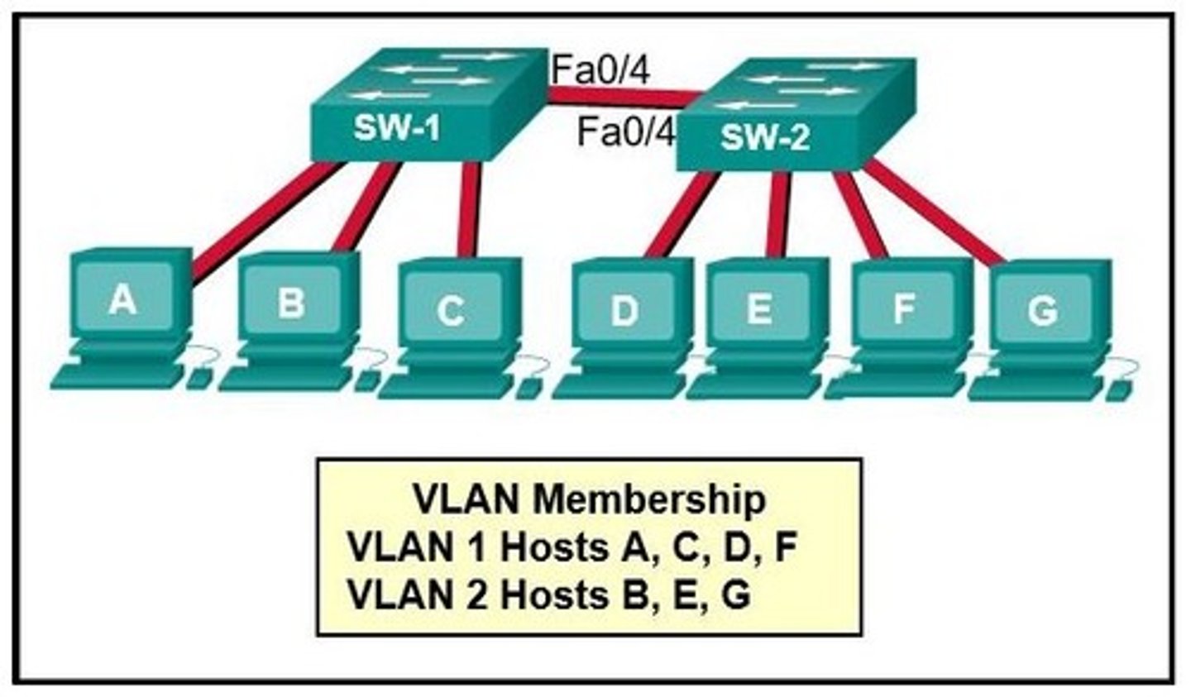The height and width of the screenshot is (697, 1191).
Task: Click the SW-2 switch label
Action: [764, 137]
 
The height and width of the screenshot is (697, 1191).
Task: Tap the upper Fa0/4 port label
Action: [600, 69]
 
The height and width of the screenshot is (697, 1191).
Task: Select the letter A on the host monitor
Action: [122, 298]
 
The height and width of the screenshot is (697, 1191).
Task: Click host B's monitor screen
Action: [291, 302]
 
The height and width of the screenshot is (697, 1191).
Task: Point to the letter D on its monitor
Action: [624, 311]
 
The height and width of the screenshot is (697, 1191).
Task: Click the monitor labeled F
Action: [903, 308]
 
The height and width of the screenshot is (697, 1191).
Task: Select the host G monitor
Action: [1042, 310]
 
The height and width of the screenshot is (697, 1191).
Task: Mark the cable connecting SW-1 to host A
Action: [265, 219]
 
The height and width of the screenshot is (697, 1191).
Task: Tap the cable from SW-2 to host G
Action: [935, 211]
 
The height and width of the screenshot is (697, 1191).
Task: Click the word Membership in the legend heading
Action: [649, 499]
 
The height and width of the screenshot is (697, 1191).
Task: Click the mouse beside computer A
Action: [198, 379]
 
